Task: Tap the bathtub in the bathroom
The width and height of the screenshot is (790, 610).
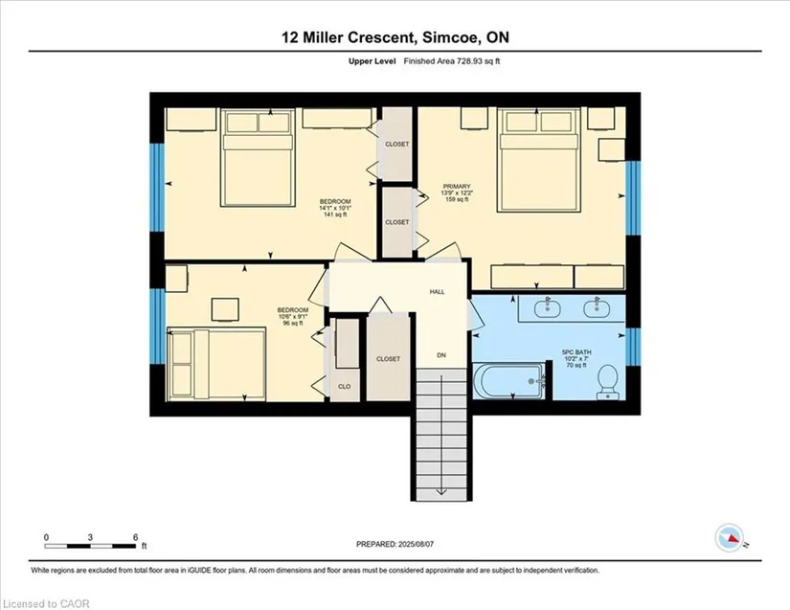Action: (508, 381)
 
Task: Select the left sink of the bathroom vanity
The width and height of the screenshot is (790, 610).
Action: (546, 307)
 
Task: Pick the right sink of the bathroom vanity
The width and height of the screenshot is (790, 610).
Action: (596, 307)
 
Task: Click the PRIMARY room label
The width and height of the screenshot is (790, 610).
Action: (457, 187)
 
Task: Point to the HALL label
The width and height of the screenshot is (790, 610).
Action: (437, 292)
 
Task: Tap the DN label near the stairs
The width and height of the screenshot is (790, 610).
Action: (441, 355)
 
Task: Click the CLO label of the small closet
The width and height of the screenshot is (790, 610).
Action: (345, 386)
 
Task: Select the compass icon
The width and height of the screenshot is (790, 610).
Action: (730, 538)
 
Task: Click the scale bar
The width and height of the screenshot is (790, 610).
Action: (90, 546)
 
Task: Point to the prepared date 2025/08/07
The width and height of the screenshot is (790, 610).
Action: (417, 544)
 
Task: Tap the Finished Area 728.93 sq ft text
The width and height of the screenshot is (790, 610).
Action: (452, 61)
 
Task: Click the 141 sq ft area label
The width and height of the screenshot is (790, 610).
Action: (335, 215)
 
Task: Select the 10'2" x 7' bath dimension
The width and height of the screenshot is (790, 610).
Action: (576, 359)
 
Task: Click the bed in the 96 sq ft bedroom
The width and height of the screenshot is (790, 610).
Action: (216, 364)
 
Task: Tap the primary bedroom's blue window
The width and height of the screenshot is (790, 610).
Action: (633, 198)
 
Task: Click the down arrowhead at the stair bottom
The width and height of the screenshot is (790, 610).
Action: (441, 491)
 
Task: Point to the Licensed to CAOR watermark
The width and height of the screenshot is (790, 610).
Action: (46, 603)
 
